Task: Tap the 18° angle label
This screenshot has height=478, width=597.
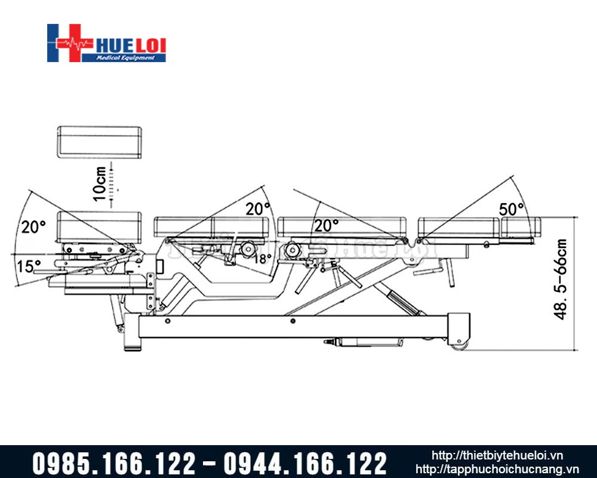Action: click(262, 259)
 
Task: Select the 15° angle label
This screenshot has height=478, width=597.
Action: click(29, 266)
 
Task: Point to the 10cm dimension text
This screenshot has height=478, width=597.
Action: click(100, 183)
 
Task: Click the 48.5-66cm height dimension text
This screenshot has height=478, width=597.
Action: click(561, 279)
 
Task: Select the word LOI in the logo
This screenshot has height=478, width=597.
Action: click(151, 46)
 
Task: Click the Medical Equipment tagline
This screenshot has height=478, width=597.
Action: click(125, 57)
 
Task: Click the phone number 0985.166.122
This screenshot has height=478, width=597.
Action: click(114, 464)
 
